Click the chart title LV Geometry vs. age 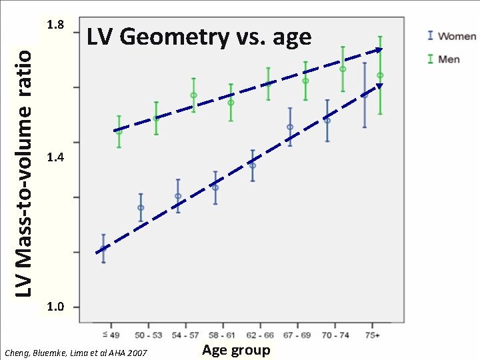(x=199, y=37)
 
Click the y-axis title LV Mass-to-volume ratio (x=25, y=165)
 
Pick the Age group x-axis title (x=236, y=350)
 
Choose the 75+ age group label (x=373, y=333)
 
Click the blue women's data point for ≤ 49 (x=103, y=249)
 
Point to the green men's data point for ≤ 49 (x=119, y=131)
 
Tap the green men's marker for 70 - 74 (x=343, y=69)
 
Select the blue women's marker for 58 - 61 (x=215, y=187)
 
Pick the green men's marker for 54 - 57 (x=193, y=95)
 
